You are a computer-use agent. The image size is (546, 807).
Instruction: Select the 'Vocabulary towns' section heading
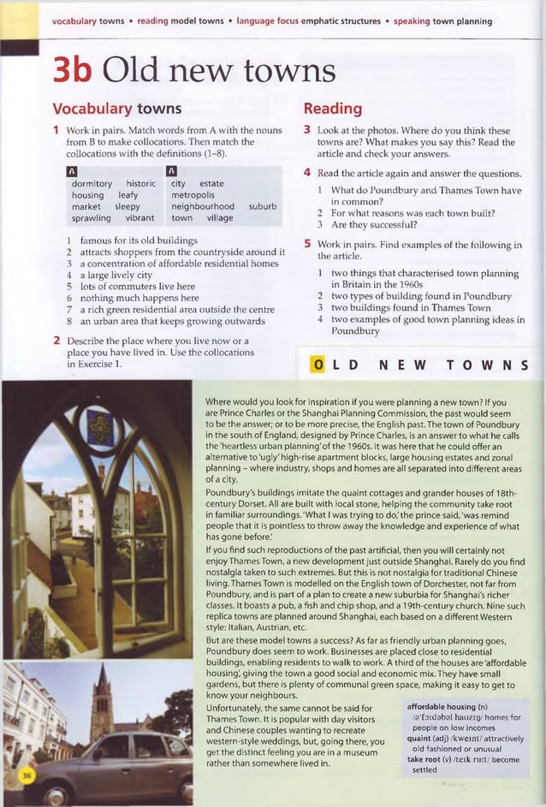[116, 109]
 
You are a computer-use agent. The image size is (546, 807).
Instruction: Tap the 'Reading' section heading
[332, 109]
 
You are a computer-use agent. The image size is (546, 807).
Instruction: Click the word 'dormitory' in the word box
[92, 184]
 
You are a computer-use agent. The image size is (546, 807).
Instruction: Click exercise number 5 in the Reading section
[307, 245]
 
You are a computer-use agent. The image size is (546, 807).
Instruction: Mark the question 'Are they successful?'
[373, 225]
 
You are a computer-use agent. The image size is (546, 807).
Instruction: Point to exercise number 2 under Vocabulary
[56, 341]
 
